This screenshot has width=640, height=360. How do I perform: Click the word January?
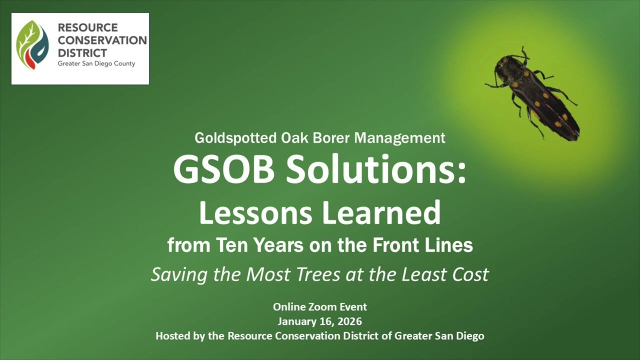click(297, 321)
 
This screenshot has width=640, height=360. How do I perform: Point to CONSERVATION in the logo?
click(102, 40)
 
